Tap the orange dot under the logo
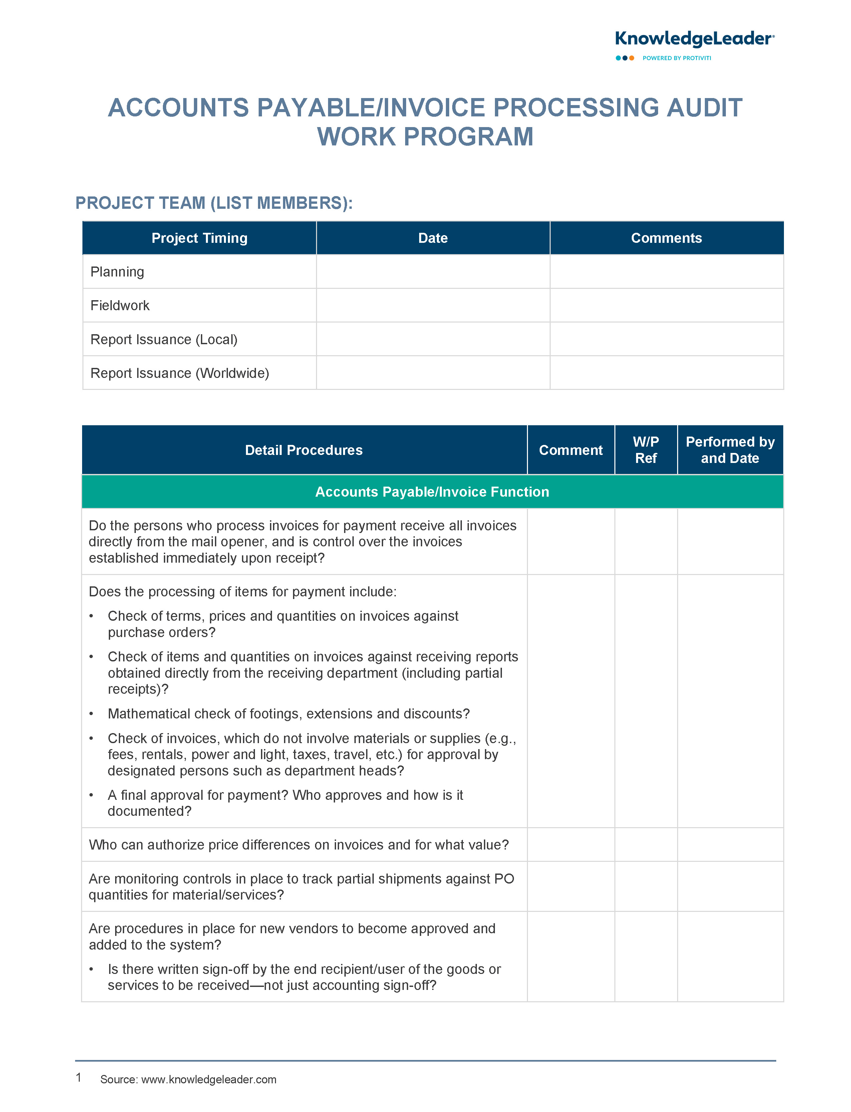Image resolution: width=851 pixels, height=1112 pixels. point(632,58)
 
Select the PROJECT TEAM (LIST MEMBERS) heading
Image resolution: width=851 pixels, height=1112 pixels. point(214,203)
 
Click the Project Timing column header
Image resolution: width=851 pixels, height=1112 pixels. point(199,238)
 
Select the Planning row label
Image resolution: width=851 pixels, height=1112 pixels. point(117,272)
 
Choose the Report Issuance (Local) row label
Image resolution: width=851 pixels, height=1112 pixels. point(164,340)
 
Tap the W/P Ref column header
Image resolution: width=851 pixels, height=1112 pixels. point(646,450)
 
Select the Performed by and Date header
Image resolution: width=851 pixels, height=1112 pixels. point(730,450)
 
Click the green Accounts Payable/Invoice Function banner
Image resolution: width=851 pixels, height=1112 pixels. point(432,492)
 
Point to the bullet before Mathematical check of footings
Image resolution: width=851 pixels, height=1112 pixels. point(91,714)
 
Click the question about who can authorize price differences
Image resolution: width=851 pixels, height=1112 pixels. point(298,845)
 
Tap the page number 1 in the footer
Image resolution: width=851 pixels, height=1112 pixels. point(78,1077)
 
